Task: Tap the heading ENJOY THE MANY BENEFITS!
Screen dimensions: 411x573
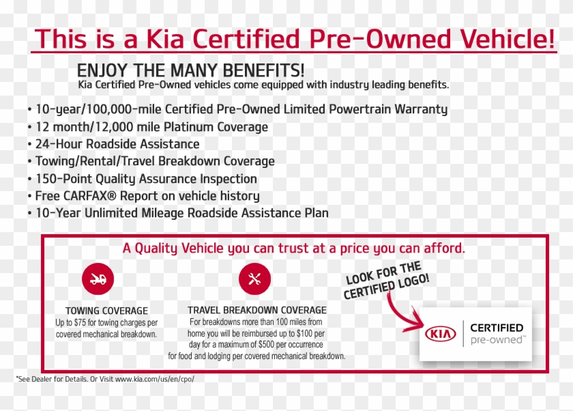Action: click(191, 71)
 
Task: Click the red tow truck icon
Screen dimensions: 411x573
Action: click(98, 279)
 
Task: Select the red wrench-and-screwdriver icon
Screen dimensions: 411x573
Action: click(254, 279)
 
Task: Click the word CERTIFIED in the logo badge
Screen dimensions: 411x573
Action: click(497, 328)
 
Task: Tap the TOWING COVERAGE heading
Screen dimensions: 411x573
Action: click(106, 311)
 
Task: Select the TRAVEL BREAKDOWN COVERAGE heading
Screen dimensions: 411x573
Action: click(256, 311)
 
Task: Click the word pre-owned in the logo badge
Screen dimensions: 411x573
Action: click(497, 339)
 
